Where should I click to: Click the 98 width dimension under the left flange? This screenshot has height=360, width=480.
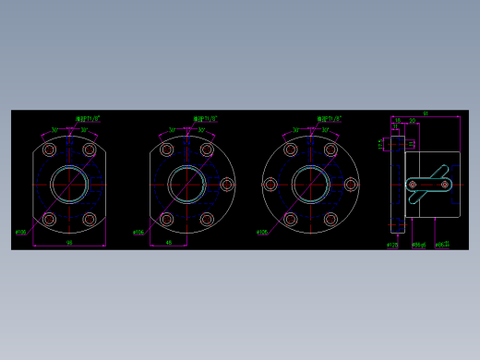coord(69,242)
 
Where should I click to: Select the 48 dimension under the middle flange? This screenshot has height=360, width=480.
coord(169,242)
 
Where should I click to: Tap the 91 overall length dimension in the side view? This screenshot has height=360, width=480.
coord(426,114)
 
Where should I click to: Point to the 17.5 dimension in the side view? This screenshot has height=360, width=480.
coord(380,143)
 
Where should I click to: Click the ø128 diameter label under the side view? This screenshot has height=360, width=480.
coord(391,245)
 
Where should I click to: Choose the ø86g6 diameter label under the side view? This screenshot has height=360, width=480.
coord(418,245)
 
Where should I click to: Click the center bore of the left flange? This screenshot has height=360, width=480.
coord(69,185)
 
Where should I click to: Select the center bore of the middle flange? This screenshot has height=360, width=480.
coord(187,185)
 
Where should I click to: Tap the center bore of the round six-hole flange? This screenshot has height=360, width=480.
coord(311,185)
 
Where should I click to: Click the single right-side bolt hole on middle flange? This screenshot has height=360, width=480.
coord(227,185)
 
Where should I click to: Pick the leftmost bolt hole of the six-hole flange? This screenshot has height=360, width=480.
coord(270,185)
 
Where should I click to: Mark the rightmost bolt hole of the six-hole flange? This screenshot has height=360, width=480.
coord(351,185)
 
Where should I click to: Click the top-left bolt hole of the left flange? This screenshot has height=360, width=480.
coord(49,150)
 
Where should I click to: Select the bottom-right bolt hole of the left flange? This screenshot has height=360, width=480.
coord(90,220)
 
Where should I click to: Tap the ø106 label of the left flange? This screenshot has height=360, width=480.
coord(20,232)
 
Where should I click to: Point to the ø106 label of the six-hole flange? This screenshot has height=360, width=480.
coord(262,232)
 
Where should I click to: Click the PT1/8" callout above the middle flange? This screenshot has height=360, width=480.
coord(205,119)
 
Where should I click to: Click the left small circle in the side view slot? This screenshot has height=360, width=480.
coord(412,185)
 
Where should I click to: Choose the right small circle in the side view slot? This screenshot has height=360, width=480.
coord(446,185)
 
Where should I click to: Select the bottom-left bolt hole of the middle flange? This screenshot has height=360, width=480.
coord(167,220)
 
